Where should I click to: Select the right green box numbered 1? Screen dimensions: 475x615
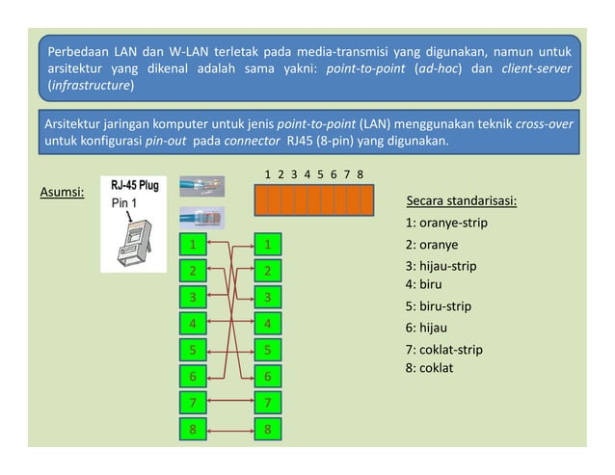[x=267, y=245]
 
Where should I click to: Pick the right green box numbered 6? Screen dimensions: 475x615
[x=267, y=376]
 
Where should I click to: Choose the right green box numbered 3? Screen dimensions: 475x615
[x=267, y=297]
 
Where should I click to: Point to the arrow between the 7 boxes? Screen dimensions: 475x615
[x=230, y=402]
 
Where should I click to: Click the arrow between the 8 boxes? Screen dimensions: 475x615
[x=230, y=429]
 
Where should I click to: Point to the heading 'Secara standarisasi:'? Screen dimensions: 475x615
[x=462, y=201]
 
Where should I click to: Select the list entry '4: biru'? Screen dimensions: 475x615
[x=428, y=284]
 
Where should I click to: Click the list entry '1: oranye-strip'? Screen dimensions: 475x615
[x=446, y=224]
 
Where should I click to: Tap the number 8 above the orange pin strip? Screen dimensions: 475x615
[x=360, y=174]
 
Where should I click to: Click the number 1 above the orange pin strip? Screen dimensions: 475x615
[x=267, y=174]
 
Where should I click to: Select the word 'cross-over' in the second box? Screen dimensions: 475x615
[x=548, y=125]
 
